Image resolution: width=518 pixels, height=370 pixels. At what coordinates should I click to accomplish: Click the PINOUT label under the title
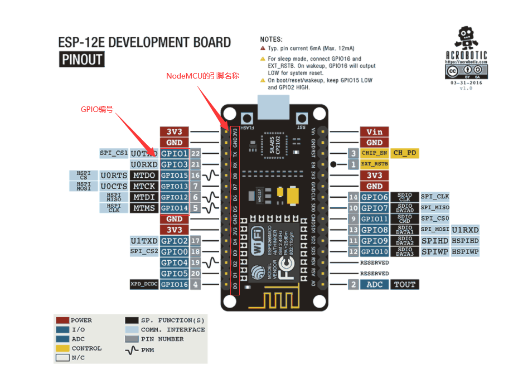point(81,59)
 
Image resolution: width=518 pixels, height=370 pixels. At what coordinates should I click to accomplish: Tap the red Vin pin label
point(374,132)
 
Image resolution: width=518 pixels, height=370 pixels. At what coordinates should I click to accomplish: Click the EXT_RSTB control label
point(374,164)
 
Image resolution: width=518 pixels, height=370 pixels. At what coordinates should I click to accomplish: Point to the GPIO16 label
point(174,285)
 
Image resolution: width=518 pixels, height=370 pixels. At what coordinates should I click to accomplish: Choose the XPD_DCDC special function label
point(143,285)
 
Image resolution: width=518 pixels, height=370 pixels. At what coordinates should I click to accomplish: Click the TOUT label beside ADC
point(404,285)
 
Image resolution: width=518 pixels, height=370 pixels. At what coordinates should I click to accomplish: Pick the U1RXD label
point(465,230)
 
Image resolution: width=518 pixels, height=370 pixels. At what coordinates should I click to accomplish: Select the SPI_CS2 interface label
point(143,252)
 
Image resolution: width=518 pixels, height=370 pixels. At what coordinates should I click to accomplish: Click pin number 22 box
point(195,153)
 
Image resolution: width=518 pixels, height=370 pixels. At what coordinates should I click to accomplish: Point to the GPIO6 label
point(374,197)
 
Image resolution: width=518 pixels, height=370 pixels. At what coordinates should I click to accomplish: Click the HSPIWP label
point(465,252)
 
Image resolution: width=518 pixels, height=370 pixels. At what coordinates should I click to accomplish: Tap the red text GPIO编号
point(98,110)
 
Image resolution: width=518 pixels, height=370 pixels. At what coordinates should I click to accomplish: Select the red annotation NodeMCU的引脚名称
point(203,75)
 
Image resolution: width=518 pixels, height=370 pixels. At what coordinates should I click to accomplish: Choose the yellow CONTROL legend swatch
point(62,348)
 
